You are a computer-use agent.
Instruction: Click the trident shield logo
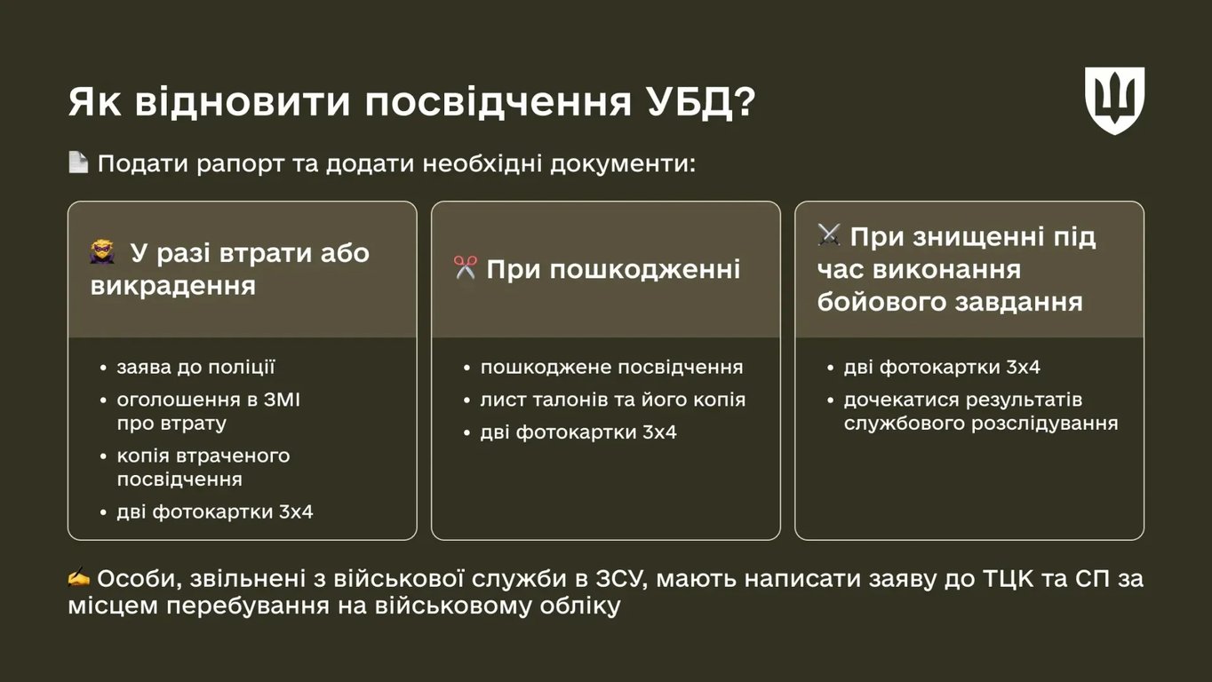(x=1114, y=100)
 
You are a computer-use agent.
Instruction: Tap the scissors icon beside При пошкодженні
(x=465, y=268)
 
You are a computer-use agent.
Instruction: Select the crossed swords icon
(x=828, y=235)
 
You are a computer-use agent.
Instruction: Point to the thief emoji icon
(x=102, y=253)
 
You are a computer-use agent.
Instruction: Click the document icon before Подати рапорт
(x=78, y=163)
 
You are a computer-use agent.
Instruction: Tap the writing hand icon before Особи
(x=79, y=578)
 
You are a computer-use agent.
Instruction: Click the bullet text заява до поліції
(x=195, y=367)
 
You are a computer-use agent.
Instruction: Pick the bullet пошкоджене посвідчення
(x=611, y=367)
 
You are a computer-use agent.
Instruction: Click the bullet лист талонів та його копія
(x=612, y=400)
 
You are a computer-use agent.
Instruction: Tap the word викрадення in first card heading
(x=173, y=286)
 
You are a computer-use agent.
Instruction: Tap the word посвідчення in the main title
(x=491, y=103)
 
